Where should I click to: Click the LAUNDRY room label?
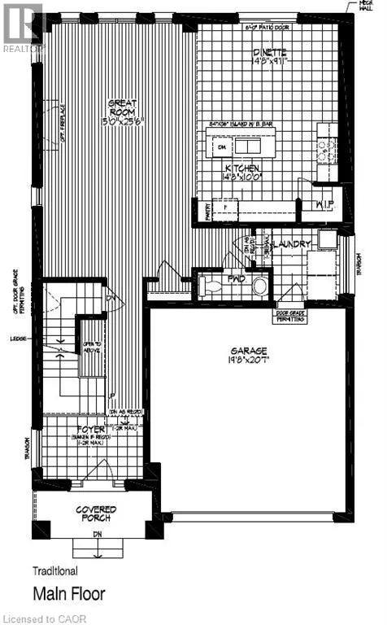tap(290, 243)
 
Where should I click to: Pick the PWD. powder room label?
tap(237, 278)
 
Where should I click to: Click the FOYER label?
tap(89, 429)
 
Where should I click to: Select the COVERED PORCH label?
tap(96, 514)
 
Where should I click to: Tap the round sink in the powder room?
tap(259, 286)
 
